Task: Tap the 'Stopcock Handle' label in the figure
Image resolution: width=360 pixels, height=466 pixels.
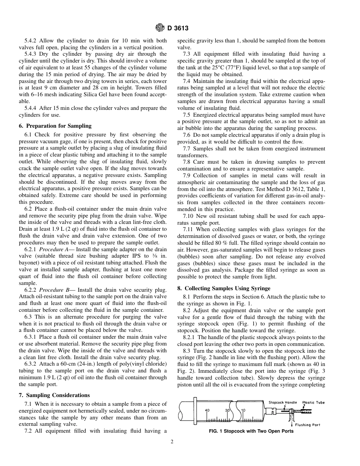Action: [283, 402]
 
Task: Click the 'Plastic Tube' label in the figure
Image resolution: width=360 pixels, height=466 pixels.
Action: [313, 402]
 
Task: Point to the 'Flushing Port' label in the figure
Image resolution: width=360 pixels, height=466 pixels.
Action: [307, 425]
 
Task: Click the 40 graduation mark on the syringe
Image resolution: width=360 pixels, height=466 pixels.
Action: [207, 410]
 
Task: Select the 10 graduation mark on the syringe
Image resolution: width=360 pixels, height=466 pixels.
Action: [243, 410]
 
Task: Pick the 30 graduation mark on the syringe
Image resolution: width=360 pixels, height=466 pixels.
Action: [227, 410]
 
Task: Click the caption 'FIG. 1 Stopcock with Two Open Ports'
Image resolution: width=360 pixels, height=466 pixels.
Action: [251, 431]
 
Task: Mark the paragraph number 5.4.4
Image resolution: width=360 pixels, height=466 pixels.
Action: [31, 108]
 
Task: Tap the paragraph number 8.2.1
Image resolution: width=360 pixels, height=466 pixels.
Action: [189, 337]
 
